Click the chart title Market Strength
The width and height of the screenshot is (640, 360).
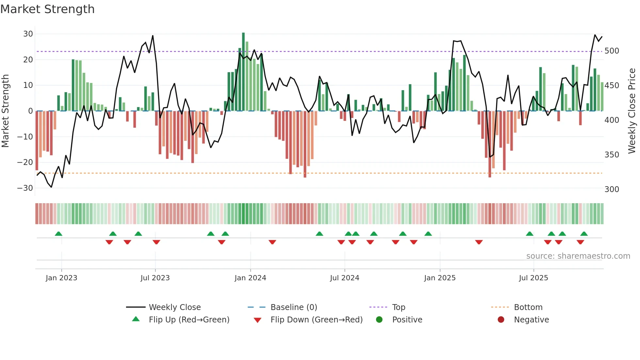[x=47, y=9]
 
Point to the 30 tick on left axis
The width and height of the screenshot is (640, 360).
[x=28, y=34]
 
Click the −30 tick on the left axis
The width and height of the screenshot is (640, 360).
[x=25, y=188]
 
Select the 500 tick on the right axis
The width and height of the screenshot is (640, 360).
[x=612, y=51]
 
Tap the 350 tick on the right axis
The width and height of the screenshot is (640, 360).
[x=612, y=155]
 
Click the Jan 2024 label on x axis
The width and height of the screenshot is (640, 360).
[x=250, y=278]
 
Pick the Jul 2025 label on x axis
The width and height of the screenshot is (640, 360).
[x=533, y=278]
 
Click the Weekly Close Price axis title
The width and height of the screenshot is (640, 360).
[x=632, y=111]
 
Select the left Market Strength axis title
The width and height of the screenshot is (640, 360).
[x=6, y=111]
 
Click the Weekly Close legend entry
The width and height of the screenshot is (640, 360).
[x=175, y=307]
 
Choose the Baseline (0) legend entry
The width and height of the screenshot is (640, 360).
[x=294, y=307]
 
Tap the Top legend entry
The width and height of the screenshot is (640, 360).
[x=398, y=307]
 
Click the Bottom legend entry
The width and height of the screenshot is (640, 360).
[x=528, y=307]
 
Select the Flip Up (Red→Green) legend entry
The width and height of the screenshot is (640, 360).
[x=189, y=320]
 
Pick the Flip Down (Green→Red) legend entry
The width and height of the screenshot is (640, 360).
[x=316, y=320]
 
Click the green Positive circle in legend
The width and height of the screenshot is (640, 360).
[x=379, y=320]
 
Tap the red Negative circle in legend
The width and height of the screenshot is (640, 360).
[x=501, y=320]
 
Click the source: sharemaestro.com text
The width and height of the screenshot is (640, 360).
[x=578, y=256]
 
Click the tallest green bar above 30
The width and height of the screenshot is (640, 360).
[x=243, y=72]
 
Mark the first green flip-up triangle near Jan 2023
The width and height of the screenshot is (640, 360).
[x=58, y=234]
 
